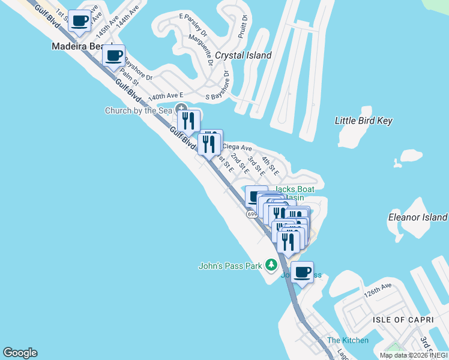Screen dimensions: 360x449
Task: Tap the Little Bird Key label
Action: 363,121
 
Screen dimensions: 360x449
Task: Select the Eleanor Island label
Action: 418,217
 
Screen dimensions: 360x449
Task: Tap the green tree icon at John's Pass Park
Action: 271,265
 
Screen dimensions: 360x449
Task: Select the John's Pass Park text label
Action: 231,266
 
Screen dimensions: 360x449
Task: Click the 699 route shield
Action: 252,214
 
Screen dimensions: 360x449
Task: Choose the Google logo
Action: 20,353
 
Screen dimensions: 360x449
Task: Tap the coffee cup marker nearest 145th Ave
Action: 80,21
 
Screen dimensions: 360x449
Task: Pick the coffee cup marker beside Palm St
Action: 113,56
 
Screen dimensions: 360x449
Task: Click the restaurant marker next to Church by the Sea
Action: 188,121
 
